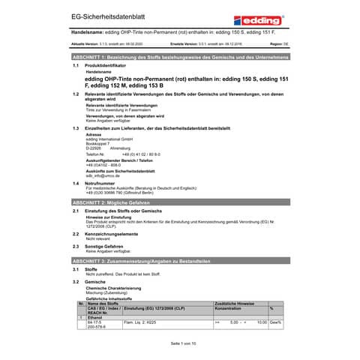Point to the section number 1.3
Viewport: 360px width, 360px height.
tap(76, 129)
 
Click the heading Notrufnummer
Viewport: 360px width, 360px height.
tap(102, 182)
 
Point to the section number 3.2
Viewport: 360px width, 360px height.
tap(76, 280)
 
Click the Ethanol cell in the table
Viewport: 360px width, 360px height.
tap(95, 317)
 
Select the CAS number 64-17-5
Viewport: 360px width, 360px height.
tap(94, 322)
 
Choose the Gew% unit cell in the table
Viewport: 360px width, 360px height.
tap(275, 322)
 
